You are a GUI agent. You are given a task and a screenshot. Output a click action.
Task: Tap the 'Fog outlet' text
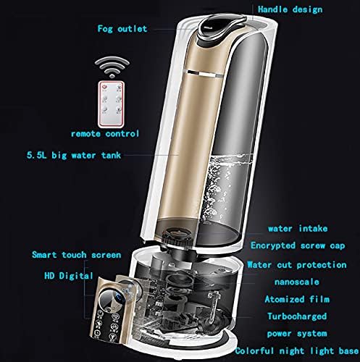coord(122,30)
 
